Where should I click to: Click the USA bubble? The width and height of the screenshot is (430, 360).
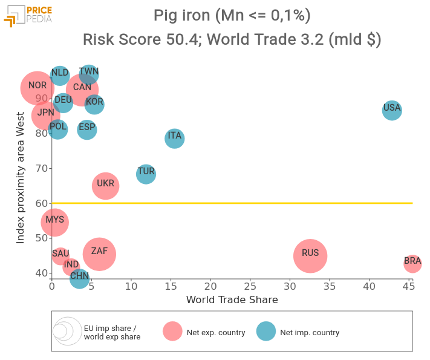tap(392, 110)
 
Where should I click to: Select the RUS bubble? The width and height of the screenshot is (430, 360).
tap(310, 256)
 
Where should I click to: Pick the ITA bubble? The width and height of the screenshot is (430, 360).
tap(175, 138)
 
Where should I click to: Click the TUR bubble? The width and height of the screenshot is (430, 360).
tap(146, 174)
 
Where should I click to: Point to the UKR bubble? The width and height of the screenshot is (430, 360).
tap(106, 186)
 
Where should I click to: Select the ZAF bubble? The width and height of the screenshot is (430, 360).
tap(100, 254)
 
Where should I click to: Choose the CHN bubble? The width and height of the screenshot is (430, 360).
tap(80, 278)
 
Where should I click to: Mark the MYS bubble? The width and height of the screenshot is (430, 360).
tap(55, 222)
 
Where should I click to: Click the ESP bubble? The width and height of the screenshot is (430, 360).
tap(87, 129)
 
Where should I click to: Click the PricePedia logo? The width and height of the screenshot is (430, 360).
tap(28, 15)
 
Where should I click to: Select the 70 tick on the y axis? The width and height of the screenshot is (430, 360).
tap(42, 168)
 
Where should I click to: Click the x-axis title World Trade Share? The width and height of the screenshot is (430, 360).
tap(232, 299)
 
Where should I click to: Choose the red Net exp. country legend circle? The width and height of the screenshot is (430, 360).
tap(172, 331)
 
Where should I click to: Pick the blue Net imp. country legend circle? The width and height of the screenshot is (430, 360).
tap(266, 331)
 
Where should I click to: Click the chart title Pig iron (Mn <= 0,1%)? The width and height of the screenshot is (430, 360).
tap(232, 15)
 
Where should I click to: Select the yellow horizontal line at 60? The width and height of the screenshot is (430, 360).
tap(242, 203)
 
